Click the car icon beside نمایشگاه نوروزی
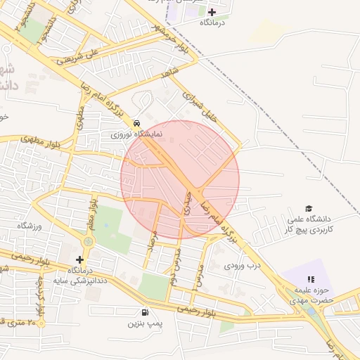(136, 122)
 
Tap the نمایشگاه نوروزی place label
(136, 133)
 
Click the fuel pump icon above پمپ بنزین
(145, 312)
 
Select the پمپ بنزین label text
(145, 323)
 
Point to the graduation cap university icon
(309, 208)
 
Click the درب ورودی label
(243, 266)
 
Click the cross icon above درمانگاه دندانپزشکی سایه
(80, 259)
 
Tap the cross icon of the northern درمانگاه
(212, 12)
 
